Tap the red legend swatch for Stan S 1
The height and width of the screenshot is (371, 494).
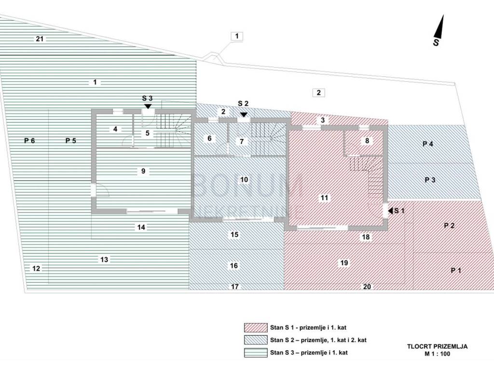pyautogui.click(x=256, y=327)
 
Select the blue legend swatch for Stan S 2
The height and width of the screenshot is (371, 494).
pyautogui.click(x=256, y=340)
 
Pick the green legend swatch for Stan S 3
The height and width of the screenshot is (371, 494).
pyautogui.click(x=256, y=352)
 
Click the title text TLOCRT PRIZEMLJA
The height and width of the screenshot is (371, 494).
pyautogui.click(x=437, y=346)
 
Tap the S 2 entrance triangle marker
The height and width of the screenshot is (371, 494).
pyautogui.click(x=244, y=114)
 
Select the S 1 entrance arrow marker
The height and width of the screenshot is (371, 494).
pyautogui.click(x=391, y=211)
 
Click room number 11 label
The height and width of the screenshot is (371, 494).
pyautogui.click(x=324, y=198)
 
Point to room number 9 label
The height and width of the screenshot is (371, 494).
pyautogui.click(x=143, y=171)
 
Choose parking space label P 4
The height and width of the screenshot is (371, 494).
pyautogui.click(x=427, y=143)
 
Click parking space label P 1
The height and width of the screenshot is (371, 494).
pyautogui.click(x=456, y=271)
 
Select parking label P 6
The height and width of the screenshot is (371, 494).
pyautogui.click(x=30, y=141)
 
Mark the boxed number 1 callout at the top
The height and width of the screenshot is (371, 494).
pyautogui.click(x=237, y=36)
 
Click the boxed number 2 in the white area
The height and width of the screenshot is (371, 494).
pyautogui.click(x=318, y=93)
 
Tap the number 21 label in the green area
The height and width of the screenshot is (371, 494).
pyautogui.click(x=40, y=39)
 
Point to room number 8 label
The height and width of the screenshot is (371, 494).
pyautogui.click(x=367, y=141)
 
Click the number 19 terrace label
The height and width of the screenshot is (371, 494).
pyautogui.click(x=344, y=263)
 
